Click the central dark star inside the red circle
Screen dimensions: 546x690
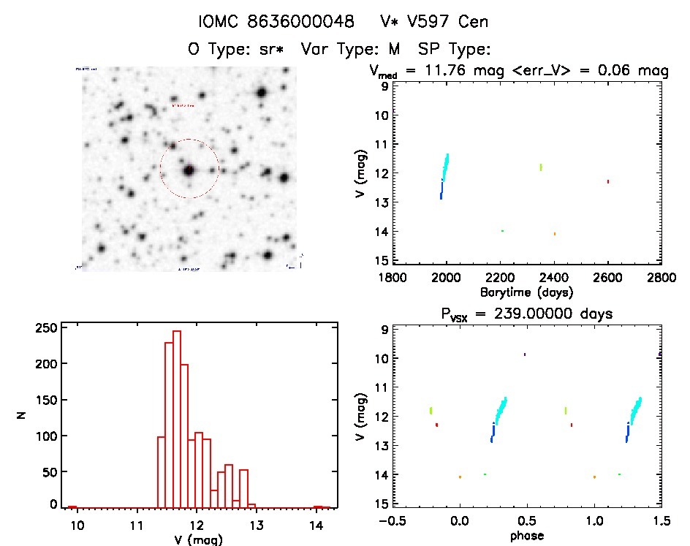[189, 170]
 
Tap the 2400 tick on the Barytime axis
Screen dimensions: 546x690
[554, 278]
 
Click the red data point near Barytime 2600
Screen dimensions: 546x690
[607, 181]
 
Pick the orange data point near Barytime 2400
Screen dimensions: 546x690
[555, 234]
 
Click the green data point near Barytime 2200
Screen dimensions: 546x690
[502, 231]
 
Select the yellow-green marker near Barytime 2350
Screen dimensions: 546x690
[541, 167]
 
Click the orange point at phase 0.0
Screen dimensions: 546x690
[460, 477]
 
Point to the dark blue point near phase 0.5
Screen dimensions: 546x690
[525, 354]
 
